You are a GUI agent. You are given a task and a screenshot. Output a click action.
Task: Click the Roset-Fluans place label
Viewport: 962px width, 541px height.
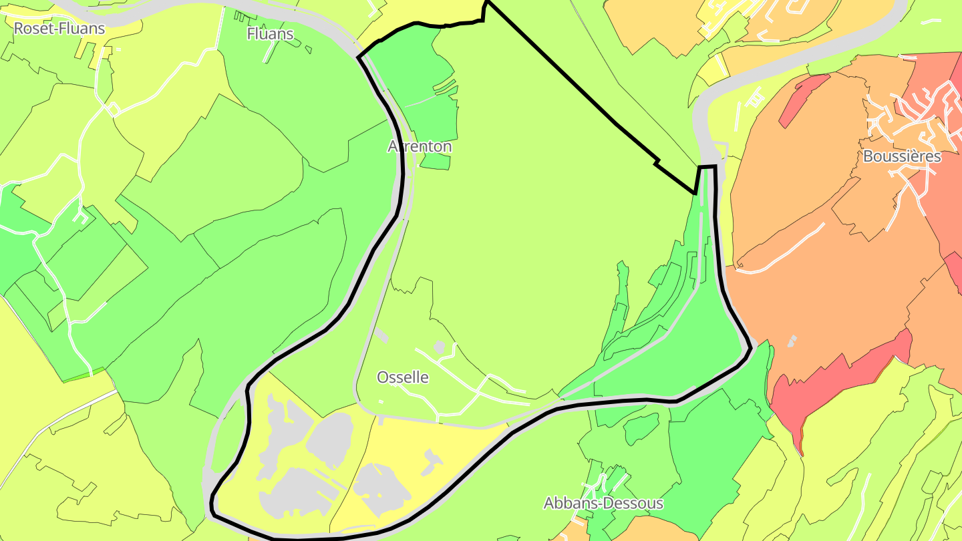pos(59,29)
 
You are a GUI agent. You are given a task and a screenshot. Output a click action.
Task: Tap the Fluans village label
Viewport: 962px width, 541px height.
pos(270,33)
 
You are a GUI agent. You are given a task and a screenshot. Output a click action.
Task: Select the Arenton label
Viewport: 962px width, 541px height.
pos(420,146)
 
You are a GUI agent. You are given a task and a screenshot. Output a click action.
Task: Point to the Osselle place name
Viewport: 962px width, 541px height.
pos(403,377)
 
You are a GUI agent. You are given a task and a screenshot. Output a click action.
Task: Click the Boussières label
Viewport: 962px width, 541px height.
pos(902,156)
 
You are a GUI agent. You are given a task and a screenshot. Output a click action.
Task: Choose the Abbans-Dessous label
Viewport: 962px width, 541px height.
pos(603,503)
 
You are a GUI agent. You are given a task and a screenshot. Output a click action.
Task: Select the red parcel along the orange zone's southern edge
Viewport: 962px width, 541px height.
pos(835,387)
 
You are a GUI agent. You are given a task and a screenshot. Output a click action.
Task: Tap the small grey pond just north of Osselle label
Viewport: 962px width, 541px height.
pos(439,347)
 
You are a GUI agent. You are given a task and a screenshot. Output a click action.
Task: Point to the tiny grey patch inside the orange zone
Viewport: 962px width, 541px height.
pos(792,341)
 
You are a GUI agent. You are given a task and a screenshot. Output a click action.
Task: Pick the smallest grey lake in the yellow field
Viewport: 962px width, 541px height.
pos(432,460)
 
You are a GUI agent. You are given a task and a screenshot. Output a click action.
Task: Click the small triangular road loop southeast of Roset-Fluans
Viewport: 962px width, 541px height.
pos(112,110)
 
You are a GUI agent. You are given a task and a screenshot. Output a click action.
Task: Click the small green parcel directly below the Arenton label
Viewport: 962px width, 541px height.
pos(436,161)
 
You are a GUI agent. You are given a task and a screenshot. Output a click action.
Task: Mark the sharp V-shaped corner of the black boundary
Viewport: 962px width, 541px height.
pos(695,192)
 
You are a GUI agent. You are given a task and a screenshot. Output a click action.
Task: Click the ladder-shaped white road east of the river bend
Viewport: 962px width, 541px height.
pos(752,100)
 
